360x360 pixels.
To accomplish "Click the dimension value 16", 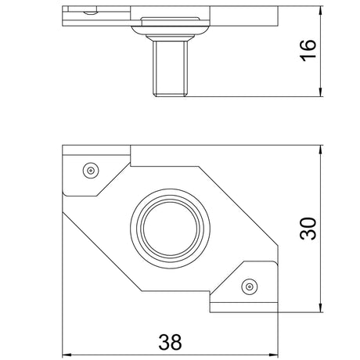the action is pyautogui.click(x=308, y=51).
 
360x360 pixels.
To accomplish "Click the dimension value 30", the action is pyautogui.click(x=308, y=229).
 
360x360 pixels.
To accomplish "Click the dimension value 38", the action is pyautogui.click(x=170, y=342).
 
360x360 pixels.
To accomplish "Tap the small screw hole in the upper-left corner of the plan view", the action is pyautogui.click(x=91, y=171).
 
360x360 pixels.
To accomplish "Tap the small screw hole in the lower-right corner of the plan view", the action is pyautogui.click(x=250, y=287).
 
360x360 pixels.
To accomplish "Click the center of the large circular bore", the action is pyautogui.click(x=170, y=229).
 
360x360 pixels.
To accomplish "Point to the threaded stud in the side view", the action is pyautogui.click(x=170, y=69).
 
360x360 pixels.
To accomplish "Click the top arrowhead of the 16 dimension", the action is pyautogui.click(x=321, y=11).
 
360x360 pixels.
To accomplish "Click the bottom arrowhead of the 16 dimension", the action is pyautogui.click(x=321, y=92).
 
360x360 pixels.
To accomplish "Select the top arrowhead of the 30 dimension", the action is pyautogui.click(x=321, y=150).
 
